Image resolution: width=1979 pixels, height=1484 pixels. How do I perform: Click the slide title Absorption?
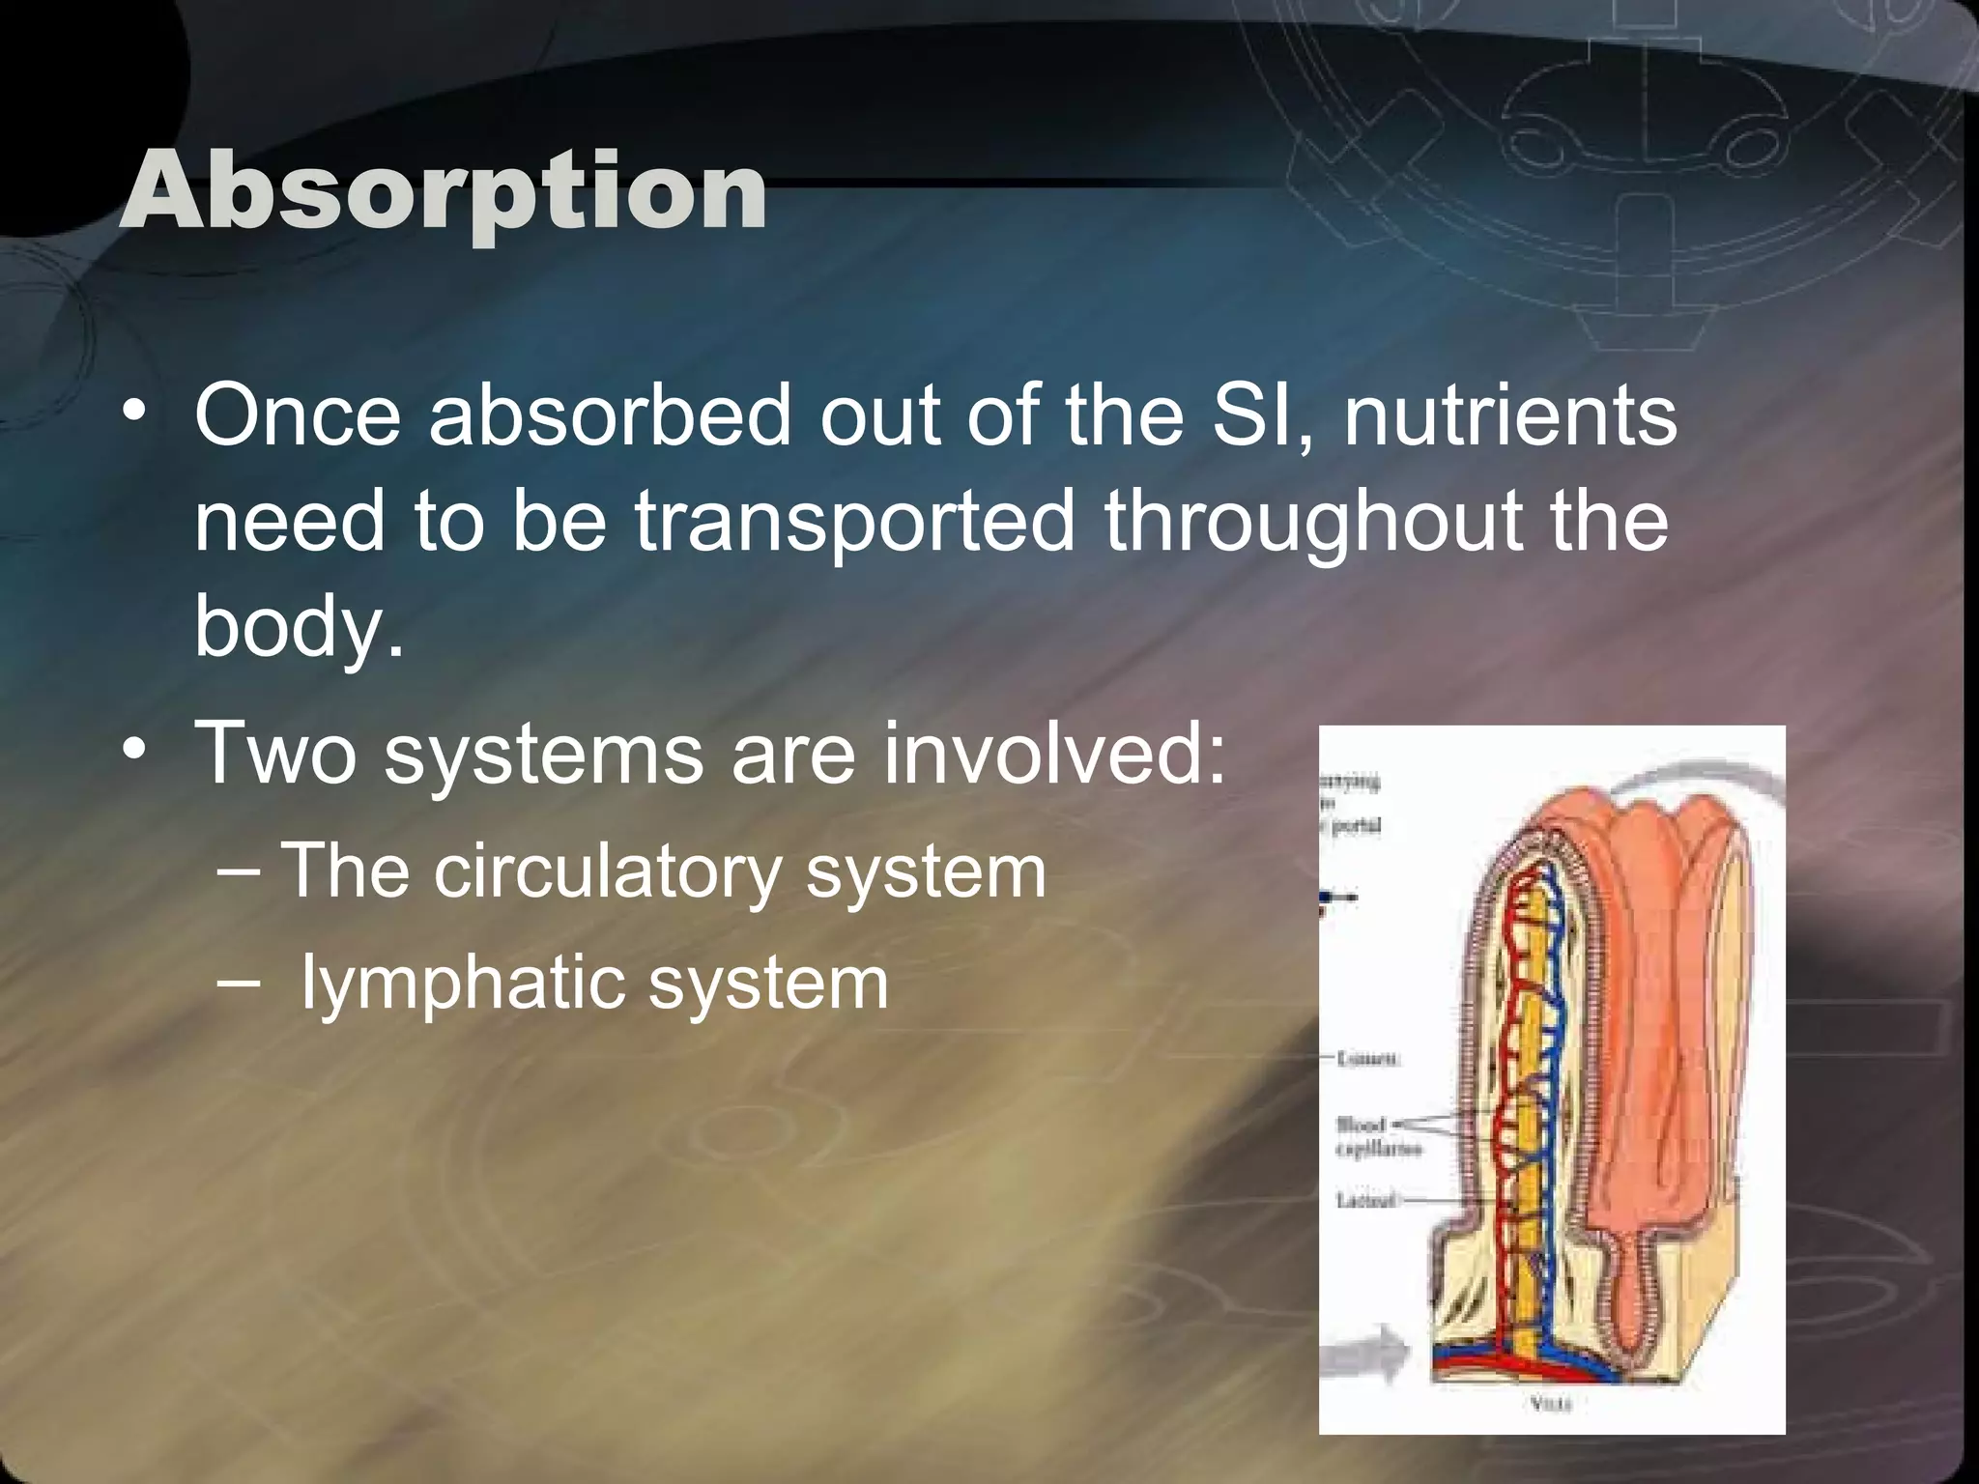[443, 191]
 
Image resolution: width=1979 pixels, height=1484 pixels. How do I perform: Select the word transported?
[854, 522]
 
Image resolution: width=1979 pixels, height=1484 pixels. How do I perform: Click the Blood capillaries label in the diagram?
[1362, 1136]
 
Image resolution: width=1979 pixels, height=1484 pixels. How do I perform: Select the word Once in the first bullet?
[298, 415]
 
